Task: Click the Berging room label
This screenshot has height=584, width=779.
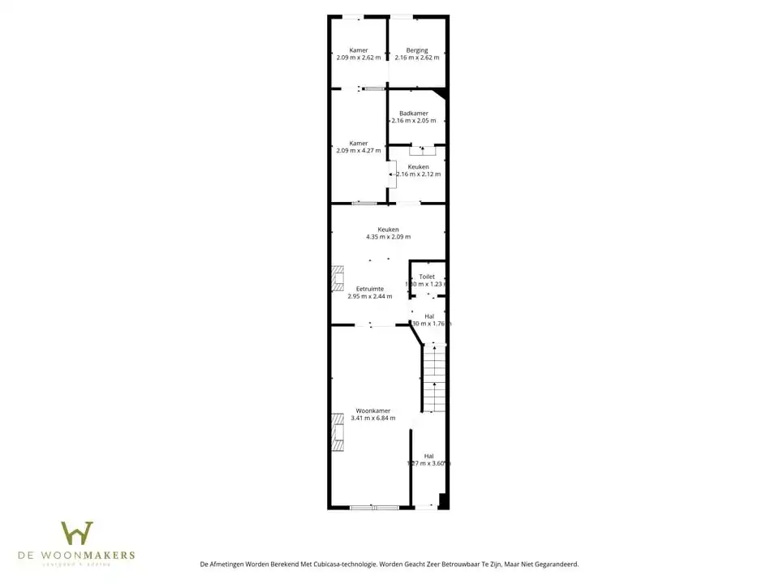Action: click(417, 50)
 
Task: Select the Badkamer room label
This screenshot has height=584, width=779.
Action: click(414, 114)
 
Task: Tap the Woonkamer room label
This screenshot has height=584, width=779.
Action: click(373, 410)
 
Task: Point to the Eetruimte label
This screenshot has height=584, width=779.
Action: click(370, 289)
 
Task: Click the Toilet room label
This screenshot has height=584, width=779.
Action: click(427, 277)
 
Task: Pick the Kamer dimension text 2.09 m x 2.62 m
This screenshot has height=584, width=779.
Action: click(359, 58)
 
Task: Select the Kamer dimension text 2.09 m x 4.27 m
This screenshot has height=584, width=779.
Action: click(359, 150)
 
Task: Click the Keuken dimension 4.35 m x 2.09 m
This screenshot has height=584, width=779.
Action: click(388, 237)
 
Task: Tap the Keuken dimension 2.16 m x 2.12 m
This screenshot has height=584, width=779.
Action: click(419, 174)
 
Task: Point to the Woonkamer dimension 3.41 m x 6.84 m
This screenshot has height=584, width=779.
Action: click(373, 418)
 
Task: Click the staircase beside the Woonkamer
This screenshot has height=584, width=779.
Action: click(434, 377)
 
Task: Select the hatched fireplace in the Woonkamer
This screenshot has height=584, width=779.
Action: click(338, 432)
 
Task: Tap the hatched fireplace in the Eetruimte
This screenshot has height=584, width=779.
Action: click(338, 277)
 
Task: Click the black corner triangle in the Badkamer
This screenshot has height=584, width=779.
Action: click(440, 94)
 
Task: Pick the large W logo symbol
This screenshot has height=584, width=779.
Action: click(77, 533)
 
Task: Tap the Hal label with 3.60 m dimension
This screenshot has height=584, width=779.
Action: click(428, 456)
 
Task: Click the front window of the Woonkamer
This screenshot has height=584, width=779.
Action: click(374, 507)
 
